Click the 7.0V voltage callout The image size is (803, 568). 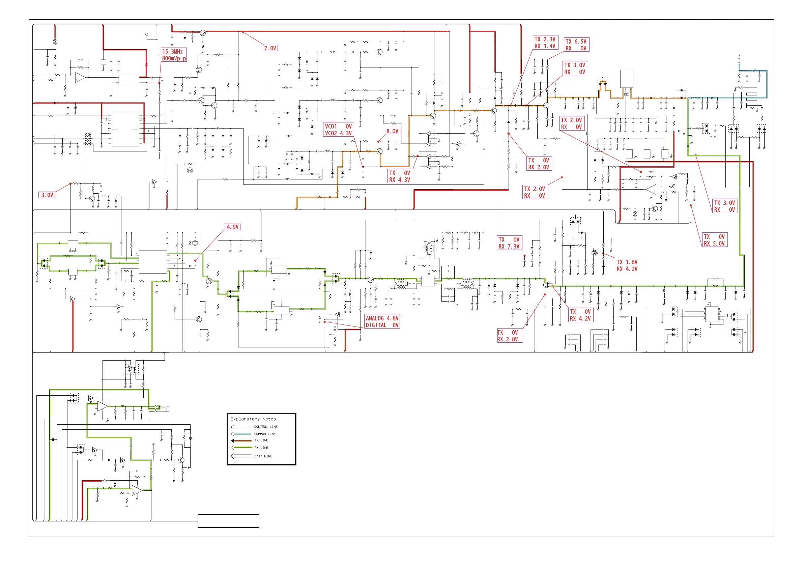coord(270,48)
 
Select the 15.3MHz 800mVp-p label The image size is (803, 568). coord(174,55)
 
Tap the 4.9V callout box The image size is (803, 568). coord(232,227)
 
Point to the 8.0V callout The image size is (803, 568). coord(393,131)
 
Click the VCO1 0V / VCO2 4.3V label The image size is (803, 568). coord(338,130)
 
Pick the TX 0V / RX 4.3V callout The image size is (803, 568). coord(400,176)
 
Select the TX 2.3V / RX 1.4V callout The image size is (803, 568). coord(545,43)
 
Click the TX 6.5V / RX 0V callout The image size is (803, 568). coord(576,45)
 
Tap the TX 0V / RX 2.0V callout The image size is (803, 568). coord(539,164)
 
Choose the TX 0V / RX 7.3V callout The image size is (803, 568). coord(509,243)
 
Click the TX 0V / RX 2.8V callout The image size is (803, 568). coord(509,336)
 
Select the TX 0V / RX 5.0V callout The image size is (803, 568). coord(715,240)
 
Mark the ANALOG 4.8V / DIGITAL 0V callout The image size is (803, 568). coord(382,321)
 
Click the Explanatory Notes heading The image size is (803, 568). coord(253,419)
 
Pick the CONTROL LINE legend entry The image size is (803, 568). coord(265,427)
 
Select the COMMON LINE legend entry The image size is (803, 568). coord(265,434)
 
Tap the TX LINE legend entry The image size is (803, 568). coord(261,441)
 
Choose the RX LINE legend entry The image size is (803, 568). coord(261,448)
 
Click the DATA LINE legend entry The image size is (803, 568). coord(263,456)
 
